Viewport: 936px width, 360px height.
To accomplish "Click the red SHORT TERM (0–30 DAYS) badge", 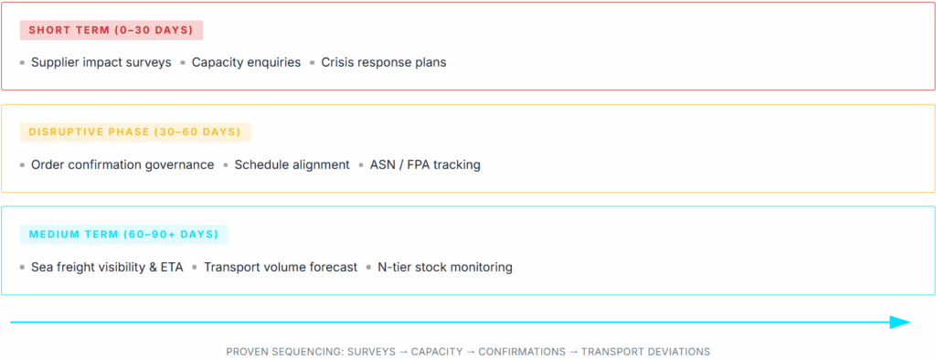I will (x=111, y=30).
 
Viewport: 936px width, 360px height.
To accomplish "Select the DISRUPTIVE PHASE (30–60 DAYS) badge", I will (x=134, y=132).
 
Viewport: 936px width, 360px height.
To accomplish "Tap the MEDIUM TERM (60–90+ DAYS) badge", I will (x=123, y=235).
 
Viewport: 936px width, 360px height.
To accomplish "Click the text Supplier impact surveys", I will (x=101, y=63).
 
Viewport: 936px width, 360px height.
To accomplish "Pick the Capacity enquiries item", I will (x=246, y=63).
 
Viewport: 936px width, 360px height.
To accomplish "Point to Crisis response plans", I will (x=383, y=63).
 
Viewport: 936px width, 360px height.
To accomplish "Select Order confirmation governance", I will (x=122, y=165).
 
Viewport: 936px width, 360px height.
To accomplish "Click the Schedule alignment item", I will (x=292, y=165).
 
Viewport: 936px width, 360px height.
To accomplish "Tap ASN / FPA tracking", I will (x=425, y=165).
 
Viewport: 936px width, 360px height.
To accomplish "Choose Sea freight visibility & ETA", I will (x=107, y=268).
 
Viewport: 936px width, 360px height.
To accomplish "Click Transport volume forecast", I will (x=281, y=268).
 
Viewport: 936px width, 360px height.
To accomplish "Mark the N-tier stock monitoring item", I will (x=445, y=268).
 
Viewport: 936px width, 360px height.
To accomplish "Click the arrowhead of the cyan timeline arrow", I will (x=901, y=322).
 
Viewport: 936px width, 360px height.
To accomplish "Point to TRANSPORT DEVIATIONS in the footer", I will (x=645, y=352).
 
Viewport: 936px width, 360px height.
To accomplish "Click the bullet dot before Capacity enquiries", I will (x=183, y=63).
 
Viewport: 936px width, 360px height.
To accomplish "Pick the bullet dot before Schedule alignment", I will (x=226, y=165).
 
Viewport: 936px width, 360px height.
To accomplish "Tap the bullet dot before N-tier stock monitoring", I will (x=369, y=268).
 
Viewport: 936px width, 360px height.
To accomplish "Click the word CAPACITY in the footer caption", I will (x=436, y=352).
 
